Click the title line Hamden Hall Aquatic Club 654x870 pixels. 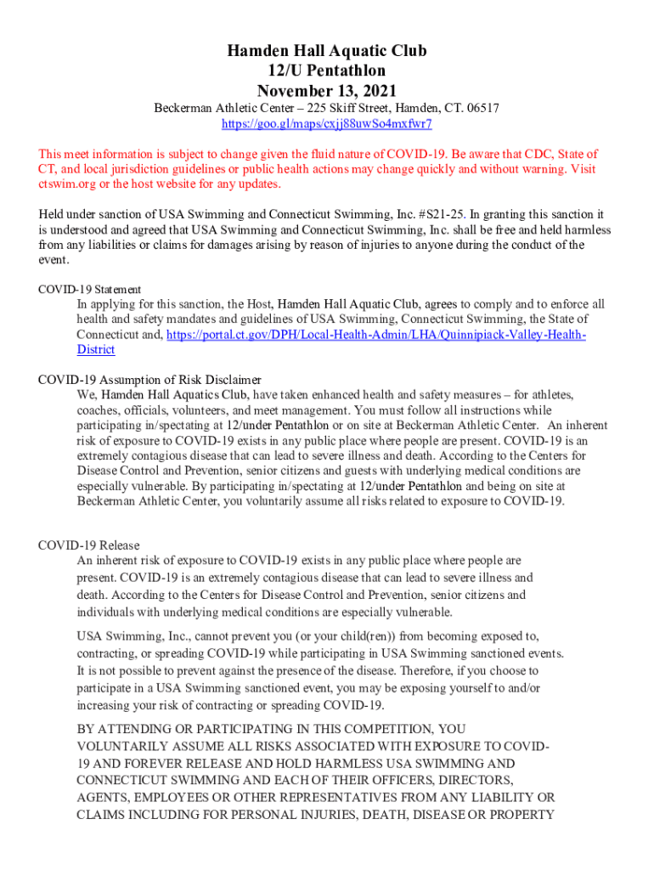(x=326, y=51)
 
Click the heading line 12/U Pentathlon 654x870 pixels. (x=326, y=71)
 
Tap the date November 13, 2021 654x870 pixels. (x=326, y=90)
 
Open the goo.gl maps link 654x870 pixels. (x=327, y=124)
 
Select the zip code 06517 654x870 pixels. (x=482, y=109)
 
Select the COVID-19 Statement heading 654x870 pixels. (x=89, y=290)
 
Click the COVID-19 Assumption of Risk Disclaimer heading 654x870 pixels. (x=149, y=380)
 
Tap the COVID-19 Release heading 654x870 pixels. (x=89, y=545)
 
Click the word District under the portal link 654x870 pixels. (x=96, y=350)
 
